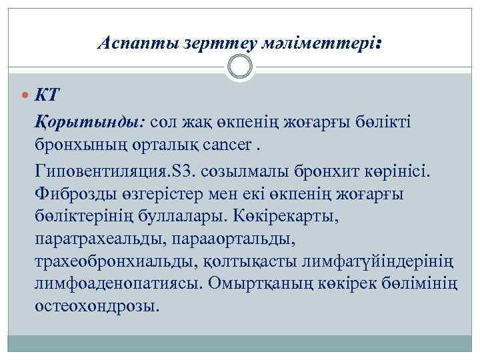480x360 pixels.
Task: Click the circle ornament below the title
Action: pyautogui.click(x=240, y=67)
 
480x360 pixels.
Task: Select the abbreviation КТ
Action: pyautogui.click(x=47, y=94)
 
